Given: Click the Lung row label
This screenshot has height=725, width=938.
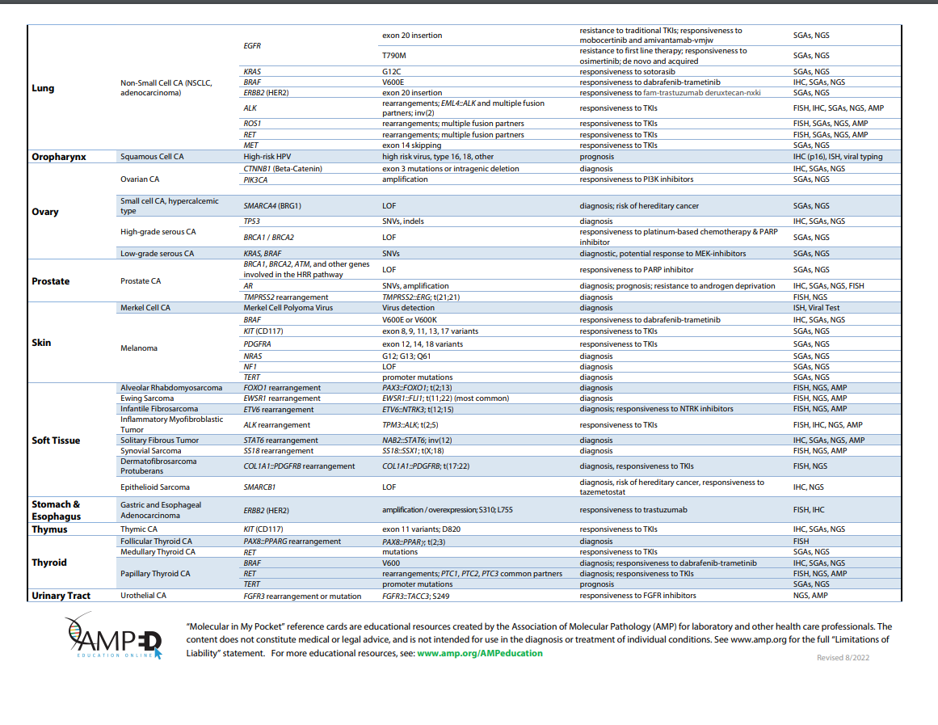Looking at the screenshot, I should tap(44, 87).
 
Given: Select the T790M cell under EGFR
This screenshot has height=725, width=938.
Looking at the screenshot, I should tap(395, 56).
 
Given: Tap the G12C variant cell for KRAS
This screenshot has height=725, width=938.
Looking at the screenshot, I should tap(392, 72).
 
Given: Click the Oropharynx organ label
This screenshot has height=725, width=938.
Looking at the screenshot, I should tap(59, 156).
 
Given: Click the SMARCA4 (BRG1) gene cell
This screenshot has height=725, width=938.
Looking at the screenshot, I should tap(272, 205).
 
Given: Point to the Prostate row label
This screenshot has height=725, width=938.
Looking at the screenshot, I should tap(50, 281).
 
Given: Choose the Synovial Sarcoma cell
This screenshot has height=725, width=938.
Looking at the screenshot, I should tap(150, 450).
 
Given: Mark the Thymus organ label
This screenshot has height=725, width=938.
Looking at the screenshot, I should tap(49, 529).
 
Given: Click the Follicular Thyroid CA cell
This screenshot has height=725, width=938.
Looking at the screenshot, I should tap(156, 542).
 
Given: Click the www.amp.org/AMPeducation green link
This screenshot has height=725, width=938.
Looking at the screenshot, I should tap(480, 653).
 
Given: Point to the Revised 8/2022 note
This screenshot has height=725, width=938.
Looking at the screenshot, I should tap(843, 657).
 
